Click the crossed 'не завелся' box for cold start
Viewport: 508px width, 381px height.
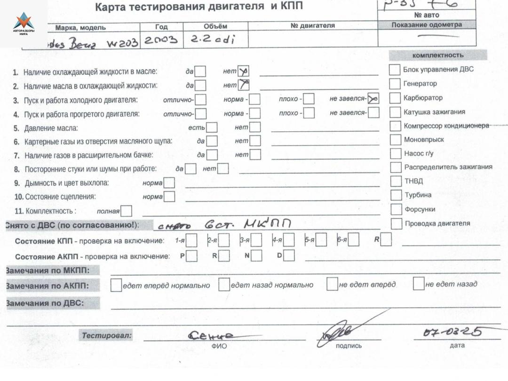374,99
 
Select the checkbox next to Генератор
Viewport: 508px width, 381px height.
395,84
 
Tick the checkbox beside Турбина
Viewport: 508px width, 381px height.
397,195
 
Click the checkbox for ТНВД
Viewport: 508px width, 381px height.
397,182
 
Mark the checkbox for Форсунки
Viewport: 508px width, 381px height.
397,209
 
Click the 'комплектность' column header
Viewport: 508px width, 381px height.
437,55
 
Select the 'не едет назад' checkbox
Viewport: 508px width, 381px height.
418,284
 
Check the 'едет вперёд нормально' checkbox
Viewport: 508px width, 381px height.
116,285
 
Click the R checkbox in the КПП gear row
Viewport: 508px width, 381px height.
386,240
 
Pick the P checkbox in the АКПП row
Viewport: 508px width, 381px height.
191,256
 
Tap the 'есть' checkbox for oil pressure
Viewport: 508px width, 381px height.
212,127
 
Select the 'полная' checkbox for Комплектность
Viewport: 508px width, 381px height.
127,211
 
